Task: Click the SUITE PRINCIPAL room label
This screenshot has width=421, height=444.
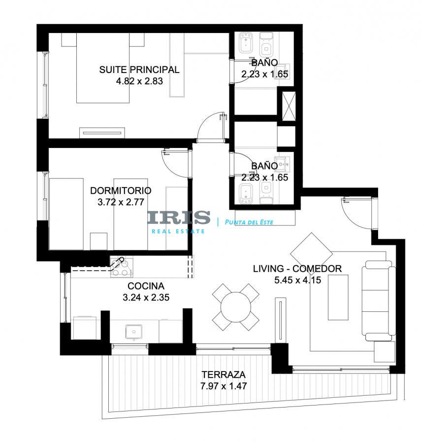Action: coord(139,70)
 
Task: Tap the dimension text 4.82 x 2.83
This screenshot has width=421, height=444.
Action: coord(139,81)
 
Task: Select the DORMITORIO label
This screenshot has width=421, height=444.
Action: coord(121,190)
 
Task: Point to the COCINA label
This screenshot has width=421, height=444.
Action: coord(146,286)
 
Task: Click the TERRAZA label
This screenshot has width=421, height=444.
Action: coord(224,374)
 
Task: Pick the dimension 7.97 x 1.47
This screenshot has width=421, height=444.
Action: coord(224,386)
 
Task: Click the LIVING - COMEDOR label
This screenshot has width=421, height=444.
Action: coord(297,268)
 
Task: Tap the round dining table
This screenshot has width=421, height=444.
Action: coord(236,307)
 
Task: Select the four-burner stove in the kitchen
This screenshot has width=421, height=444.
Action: coord(122,267)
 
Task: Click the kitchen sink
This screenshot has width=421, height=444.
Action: coord(133,332)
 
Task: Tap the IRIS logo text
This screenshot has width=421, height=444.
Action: coord(179,218)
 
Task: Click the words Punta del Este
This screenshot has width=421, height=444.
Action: coord(249,222)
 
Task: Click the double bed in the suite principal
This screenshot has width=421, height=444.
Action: coord(103,68)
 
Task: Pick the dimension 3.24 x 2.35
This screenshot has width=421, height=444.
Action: coord(146,297)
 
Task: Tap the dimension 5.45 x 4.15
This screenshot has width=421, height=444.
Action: coord(298,280)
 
